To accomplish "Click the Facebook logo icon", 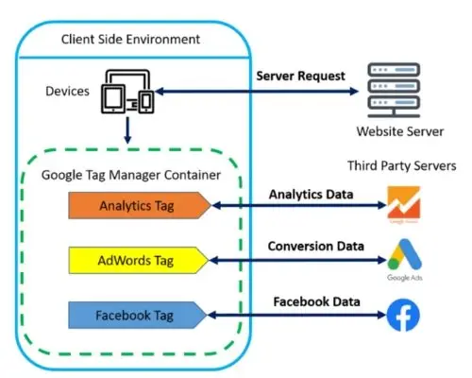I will (x=403, y=315).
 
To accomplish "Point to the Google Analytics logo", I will (x=403, y=202).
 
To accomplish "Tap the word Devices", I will (x=68, y=92).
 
